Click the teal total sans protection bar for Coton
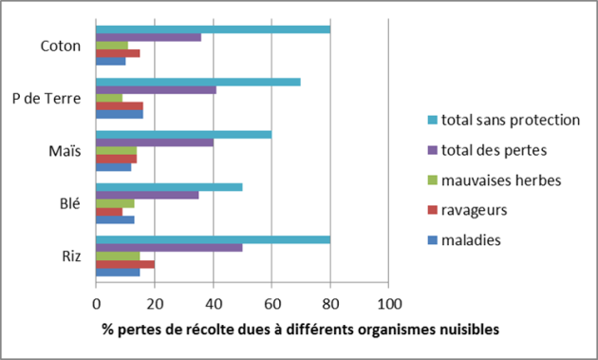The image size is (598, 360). point(213,29)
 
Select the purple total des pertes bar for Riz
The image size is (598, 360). point(169,248)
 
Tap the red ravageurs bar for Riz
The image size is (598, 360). point(124,264)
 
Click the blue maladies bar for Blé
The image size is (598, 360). point(115,219)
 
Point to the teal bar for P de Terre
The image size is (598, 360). point(197,82)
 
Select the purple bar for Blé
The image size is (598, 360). point(147,194)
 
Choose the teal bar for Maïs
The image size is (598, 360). point(183,134)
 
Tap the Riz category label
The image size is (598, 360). point(69,255)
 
